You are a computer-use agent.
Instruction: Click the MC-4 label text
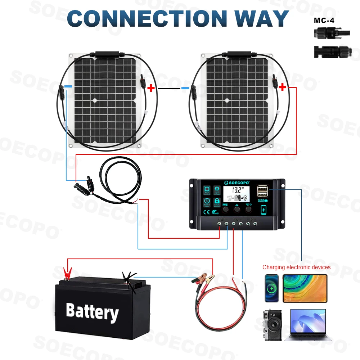pos(324,21)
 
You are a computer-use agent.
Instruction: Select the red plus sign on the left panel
pos(151,88)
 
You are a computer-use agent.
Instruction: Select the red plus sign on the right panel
pos(283,87)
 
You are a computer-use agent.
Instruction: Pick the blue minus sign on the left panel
pos(68,87)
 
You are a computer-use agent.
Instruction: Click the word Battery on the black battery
pos(92,311)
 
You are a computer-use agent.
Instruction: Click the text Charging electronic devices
pos(296,267)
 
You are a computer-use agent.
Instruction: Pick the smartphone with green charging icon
pos(272,288)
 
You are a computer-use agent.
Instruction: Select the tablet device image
pos(305,288)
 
